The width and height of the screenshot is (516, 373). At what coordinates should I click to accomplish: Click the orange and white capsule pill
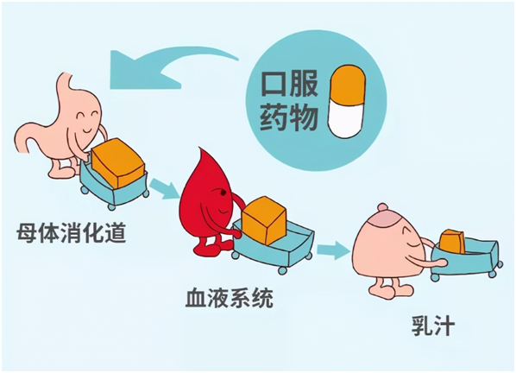[x=346, y=101]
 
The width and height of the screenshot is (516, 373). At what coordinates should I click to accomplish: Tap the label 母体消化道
[x=72, y=233]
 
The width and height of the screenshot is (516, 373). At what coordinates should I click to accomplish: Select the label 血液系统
[x=230, y=298]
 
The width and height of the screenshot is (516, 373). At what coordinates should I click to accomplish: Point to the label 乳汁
[x=433, y=326]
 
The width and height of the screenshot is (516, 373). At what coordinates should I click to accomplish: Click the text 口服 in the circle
[x=289, y=85]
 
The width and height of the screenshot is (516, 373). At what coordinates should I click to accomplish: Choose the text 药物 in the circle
[x=289, y=117]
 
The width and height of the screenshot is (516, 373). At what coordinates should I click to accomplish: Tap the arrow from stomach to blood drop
[x=165, y=188]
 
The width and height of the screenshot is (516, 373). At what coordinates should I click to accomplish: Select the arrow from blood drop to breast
[x=333, y=250]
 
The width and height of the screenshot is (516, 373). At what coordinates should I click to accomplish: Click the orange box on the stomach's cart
[x=117, y=162]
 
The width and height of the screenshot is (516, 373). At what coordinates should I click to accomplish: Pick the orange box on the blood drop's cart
[x=264, y=220]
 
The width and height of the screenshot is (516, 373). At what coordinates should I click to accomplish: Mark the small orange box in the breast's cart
[x=452, y=242]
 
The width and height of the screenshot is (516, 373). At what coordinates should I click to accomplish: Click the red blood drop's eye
[x=223, y=193]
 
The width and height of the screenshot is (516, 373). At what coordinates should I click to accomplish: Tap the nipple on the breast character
[x=383, y=207]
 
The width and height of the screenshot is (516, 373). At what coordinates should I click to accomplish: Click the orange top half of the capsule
[x=347, y=83]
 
